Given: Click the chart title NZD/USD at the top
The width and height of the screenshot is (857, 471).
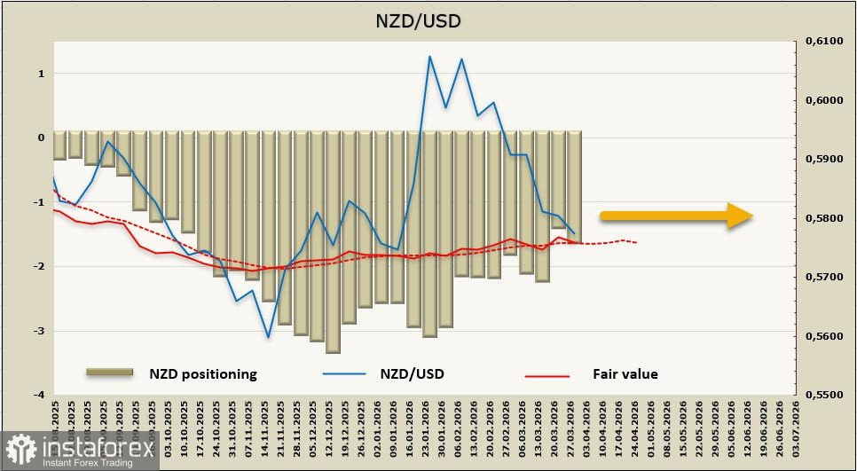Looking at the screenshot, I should pos(428,20).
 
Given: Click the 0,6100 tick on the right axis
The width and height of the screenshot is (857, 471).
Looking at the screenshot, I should pos(822,42).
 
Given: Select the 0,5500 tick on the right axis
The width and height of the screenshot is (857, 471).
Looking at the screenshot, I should pos(822,395).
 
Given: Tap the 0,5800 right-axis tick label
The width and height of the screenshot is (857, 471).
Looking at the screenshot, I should pos(822,218).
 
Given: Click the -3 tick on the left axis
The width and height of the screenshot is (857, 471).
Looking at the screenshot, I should pos(39,331).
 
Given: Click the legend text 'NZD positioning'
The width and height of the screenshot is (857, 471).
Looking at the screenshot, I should pos(202,374).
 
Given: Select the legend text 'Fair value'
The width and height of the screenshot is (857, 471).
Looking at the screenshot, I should pos(625,374).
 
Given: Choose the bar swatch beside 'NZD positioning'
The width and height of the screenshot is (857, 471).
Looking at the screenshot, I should pos(108,373).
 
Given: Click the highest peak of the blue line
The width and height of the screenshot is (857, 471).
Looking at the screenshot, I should pos(429,57).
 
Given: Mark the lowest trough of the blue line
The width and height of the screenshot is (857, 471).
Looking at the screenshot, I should pos(268,337).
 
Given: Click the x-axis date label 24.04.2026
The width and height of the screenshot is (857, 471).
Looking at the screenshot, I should pos(635,424).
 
